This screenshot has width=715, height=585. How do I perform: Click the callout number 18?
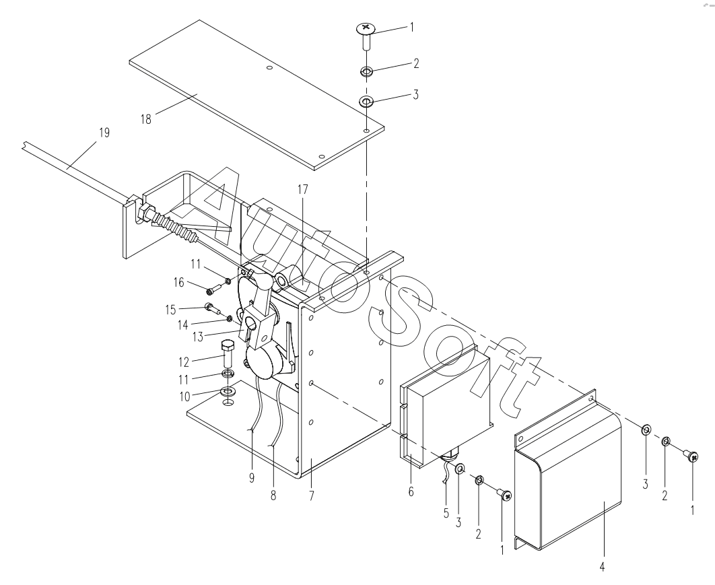pos(146,119)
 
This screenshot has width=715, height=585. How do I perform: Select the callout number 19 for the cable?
pos(104,133)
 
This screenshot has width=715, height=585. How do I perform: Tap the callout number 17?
pos(303,189)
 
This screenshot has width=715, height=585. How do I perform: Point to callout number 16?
pos(179,283)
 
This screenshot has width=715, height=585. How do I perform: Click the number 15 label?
pos(170,310)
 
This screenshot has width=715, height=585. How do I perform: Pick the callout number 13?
pos(198,337)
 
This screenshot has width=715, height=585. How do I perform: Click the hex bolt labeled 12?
pos(228,355)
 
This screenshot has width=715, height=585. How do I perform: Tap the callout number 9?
pos(252,478)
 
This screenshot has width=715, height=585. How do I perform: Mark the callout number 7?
pos(312,495)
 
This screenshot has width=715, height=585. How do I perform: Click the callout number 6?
pos(411,491)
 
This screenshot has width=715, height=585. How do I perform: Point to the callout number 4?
pos(602,567)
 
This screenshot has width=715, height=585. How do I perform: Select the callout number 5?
pos(446,513)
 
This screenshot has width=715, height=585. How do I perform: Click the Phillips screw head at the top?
pos(366,29)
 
